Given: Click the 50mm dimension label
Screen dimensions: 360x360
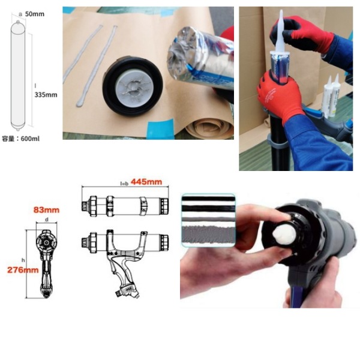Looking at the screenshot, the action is tap(34, 14).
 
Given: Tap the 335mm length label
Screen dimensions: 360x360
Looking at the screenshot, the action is tap(46, 95).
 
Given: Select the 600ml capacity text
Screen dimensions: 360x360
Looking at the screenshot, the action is tap(30, 139).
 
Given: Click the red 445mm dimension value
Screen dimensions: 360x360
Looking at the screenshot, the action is tap(146, 182).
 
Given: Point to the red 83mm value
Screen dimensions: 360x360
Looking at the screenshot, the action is tap(46, 210).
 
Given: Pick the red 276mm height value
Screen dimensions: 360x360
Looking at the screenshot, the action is tap(23, 270).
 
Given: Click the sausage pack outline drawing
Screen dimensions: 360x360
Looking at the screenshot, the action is tap(18, 76).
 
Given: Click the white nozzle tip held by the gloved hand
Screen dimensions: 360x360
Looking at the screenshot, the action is tap(281, 32).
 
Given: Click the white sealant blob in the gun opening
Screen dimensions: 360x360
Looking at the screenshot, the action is tap(284, 234).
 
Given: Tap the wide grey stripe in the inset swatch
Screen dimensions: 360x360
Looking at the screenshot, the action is tap(208, 234).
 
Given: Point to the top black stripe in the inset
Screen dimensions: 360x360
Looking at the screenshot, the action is tap(208, 199).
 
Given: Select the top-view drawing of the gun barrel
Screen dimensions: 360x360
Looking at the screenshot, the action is tap(125, 206).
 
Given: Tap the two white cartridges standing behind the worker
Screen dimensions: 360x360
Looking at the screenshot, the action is tap(331, 96).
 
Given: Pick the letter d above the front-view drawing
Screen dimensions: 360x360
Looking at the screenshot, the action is tap(47, 220).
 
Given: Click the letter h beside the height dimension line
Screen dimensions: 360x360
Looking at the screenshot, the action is tap(23, 260).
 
